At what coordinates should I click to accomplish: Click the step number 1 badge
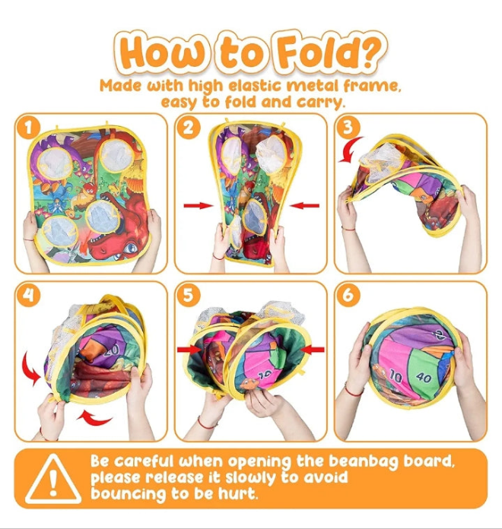29,128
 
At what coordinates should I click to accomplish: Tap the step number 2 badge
189,128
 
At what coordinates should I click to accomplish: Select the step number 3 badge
348,128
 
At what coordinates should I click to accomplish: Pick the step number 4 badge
29,296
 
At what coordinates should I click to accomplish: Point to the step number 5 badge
189,296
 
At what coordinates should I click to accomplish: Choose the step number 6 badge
348,296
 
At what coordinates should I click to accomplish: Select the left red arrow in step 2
199,205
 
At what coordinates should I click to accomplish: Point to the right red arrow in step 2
304,205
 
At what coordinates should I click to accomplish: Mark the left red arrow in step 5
189,350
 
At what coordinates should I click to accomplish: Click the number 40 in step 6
424,377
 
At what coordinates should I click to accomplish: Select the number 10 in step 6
396,376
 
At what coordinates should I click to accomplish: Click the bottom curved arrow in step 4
95,418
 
